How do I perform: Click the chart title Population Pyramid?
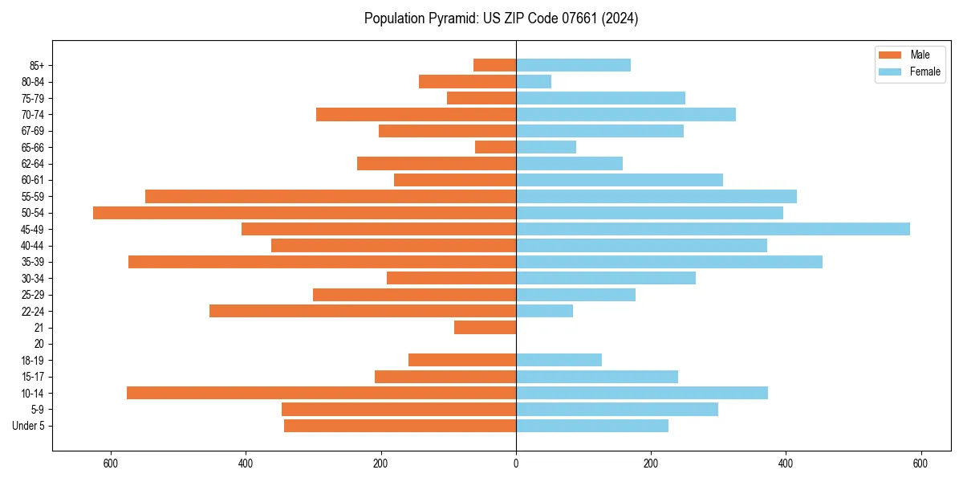[501, 18]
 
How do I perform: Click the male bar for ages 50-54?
[304, 213]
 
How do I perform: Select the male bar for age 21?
[485, 328]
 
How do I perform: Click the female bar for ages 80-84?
[534, 82]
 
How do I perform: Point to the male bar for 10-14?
[321, 393]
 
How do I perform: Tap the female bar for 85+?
[573, 65]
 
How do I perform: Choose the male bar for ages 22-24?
[363, 311]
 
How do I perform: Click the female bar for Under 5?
[592, 426]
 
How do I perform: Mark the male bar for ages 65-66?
[495, 147]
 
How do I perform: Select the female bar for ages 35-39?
[669, 262]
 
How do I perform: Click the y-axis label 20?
[39, 344]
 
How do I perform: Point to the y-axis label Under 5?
[28, 426]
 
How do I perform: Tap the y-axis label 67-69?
[33, 131]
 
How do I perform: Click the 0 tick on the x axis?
[516, 464]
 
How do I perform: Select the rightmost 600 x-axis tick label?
[920, 464]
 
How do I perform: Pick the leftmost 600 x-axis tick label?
[111, 464]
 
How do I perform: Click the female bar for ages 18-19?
[559, 360]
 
